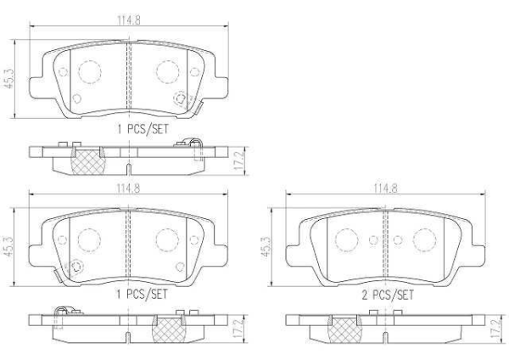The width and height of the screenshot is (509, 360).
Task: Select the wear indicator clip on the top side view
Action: click(x=192, y=146)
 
